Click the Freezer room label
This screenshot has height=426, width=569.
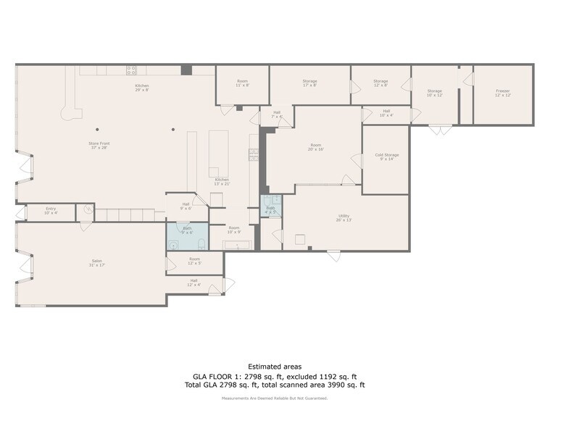click(x=503, y=93)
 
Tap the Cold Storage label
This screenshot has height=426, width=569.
click(x=386, y=156)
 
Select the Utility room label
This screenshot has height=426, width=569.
click(x=344, y=217)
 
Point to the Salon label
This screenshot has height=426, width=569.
click(x=96, y=262)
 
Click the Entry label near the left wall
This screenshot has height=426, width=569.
click(x=50, y=210)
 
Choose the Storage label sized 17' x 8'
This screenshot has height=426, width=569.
click(x=310, y=83)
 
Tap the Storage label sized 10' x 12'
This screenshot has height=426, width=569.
click(x=434, y=93)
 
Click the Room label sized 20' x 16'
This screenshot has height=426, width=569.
click(x=316, y=147)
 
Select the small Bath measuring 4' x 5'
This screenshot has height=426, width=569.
click(x=270, y=209)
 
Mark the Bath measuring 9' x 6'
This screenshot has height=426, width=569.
click(x=187, y=230)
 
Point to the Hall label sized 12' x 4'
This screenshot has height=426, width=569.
click(x=194, y=282)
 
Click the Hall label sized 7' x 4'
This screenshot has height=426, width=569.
click(x=276, y=114)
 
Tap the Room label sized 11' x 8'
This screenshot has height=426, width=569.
click(x=242, y=83)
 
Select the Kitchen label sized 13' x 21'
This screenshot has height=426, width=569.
click(x=222, y=181)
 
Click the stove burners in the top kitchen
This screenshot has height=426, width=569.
click(x=131, y=70)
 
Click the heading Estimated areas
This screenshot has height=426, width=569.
click(x=275, y=367)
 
